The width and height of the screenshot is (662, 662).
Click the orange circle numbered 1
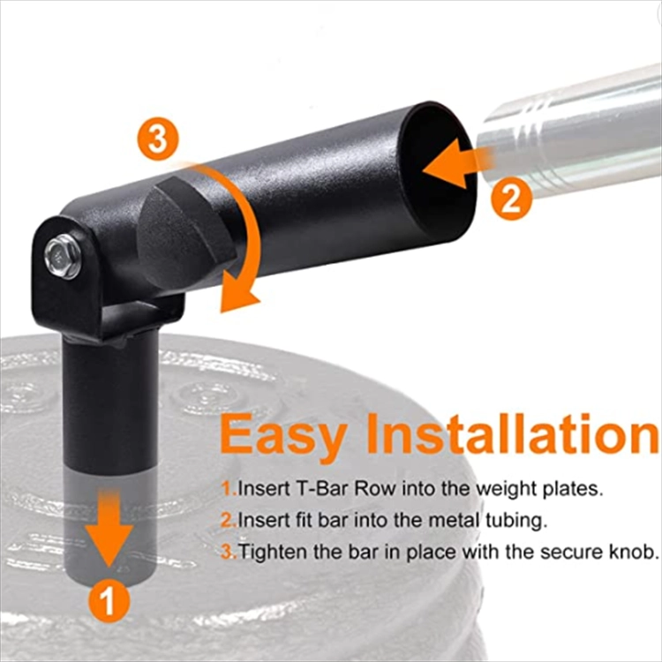pos(109,601)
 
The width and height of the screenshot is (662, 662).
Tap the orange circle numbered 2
pos(511,199)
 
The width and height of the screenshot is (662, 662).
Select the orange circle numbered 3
pos(158,139)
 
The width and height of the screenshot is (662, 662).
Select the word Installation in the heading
pos(512,433)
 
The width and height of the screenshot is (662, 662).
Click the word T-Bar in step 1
pos(321,489)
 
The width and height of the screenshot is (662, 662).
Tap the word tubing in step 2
pos(516,522)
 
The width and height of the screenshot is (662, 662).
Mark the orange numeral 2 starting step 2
pos(228,521)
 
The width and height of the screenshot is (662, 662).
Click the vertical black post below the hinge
pos(110,422)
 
